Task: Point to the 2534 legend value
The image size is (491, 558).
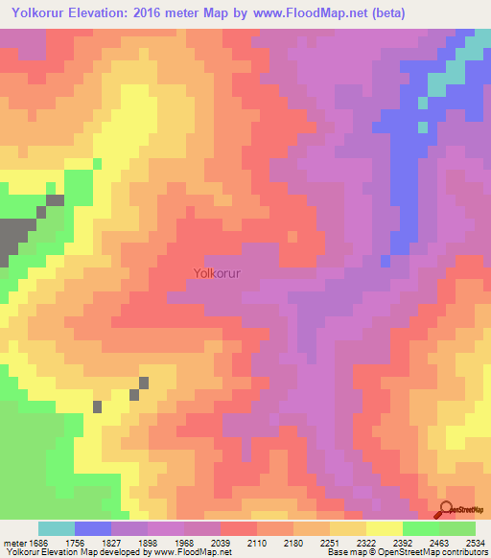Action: tap(477, 542)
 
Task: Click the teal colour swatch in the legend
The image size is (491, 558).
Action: tap(57, 528)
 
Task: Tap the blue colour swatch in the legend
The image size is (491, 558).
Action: tap(93, 528)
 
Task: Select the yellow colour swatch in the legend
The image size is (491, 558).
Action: tap(385, 528)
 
